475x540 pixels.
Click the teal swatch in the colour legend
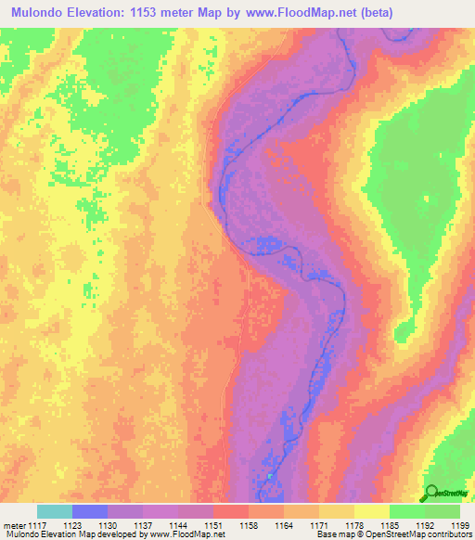(55, 511)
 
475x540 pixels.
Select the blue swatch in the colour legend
(90, 511)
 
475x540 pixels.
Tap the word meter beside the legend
(15, 524)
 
